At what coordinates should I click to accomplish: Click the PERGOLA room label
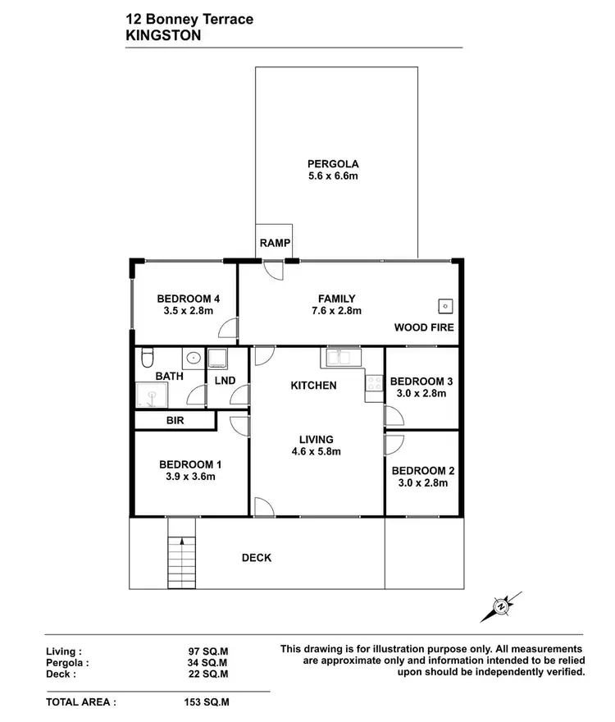tap(333, 163)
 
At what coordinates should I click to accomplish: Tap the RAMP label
tap(273, 243)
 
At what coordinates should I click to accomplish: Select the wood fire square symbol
tap(444, 306)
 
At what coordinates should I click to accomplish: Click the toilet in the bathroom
tap(147, 358)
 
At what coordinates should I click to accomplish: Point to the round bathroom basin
tap(192, 358)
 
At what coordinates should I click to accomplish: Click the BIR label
tap(174, 420)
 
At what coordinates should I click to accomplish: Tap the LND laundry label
tap(225, 381)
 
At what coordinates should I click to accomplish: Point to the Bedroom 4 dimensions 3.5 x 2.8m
tap(185, 311)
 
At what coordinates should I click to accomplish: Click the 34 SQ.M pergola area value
tap(208, 662)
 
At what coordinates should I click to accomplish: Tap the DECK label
tap(256, 558)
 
